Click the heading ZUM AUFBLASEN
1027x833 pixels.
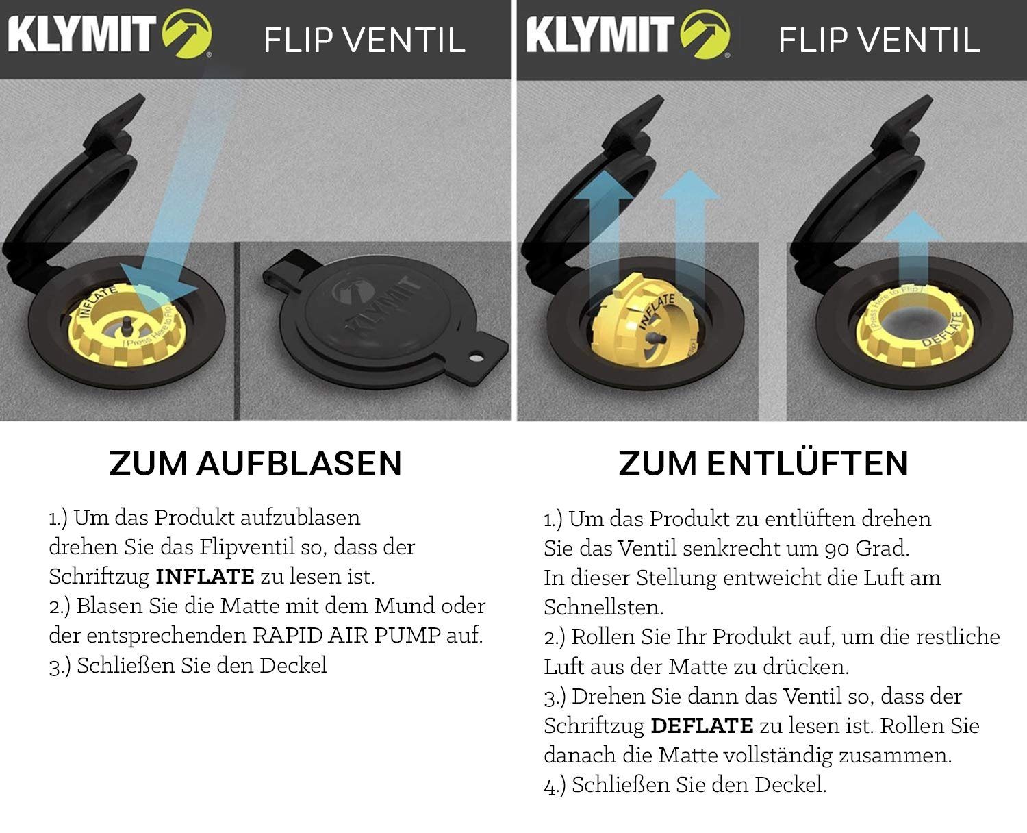tap(255, 464)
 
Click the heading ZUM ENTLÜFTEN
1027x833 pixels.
tap(763, 464)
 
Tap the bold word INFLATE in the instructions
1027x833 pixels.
tap(205, 577)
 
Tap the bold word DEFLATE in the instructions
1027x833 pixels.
tap(702, 726)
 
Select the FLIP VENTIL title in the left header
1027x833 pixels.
tap(364, 40)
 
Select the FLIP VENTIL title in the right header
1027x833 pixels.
tap(879, 40)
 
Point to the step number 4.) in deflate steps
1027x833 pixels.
tap(555, 786)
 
